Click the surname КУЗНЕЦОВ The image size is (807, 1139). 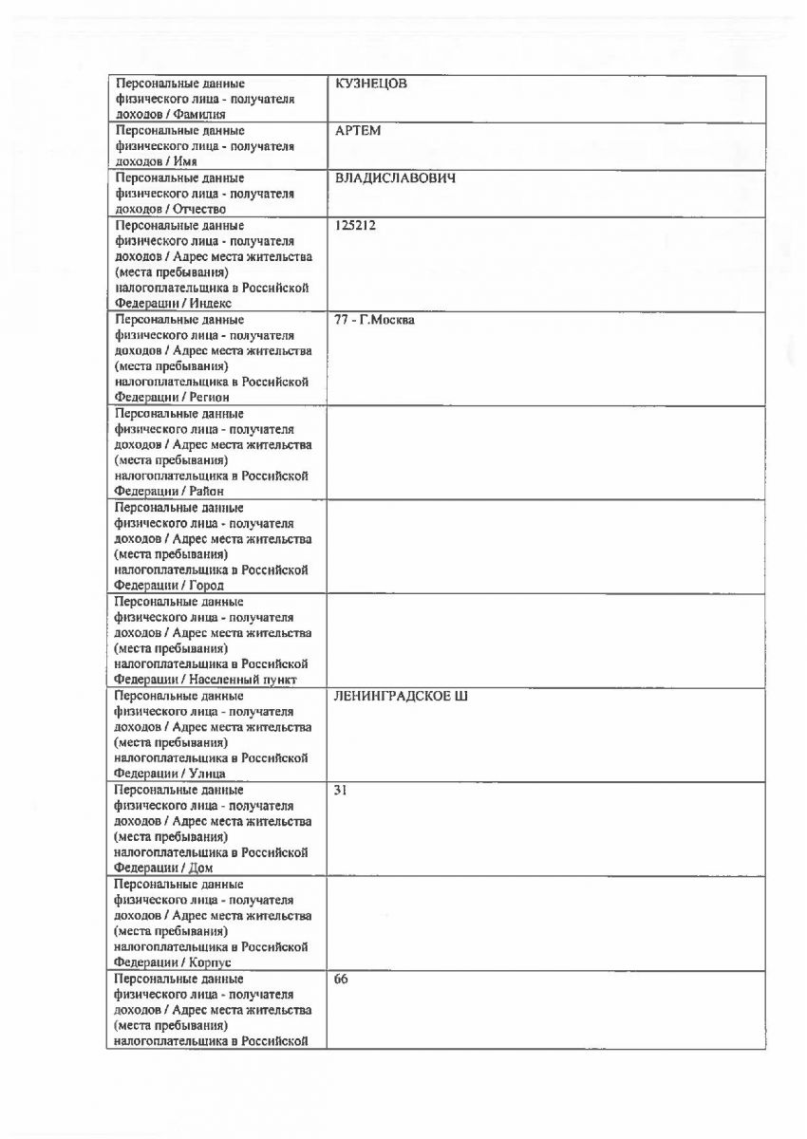371,84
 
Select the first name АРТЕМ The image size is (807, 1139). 358,131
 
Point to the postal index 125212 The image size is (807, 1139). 354,226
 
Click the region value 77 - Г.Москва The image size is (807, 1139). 375,320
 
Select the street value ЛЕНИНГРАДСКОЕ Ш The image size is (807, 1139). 401,696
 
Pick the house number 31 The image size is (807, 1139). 342,790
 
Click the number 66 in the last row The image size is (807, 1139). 342,978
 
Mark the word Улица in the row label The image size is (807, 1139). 208,773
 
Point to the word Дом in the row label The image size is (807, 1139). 201,868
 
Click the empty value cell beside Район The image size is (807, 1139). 546,452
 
